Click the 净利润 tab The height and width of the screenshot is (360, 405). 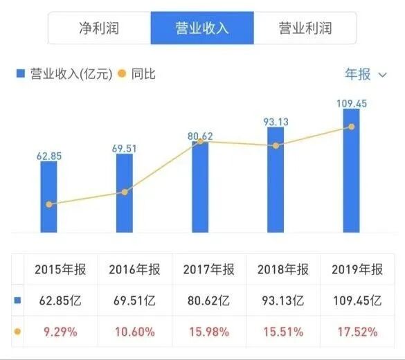click(99, 28)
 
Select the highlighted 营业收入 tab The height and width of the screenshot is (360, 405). click(202, 28)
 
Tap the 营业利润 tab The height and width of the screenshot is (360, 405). click(305, 28)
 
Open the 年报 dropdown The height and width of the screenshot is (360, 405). click(366, 74)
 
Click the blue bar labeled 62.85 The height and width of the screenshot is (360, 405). click(49, 197)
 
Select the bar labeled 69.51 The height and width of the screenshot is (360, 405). click(125, 194)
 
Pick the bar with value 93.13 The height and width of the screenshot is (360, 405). click(276, 180)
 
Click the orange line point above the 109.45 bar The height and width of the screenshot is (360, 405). click(352, 127)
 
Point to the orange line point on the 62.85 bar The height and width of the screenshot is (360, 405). click(49, 204)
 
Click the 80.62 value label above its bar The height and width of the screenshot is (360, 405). click(200, 136)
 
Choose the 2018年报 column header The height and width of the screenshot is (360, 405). click(282, 270)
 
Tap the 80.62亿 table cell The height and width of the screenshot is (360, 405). click(207, 301)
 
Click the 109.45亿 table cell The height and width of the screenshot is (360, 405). click(357, 301)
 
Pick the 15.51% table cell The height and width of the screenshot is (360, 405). click(282, 332)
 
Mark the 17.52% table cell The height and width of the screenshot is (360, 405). click(357, 332)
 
